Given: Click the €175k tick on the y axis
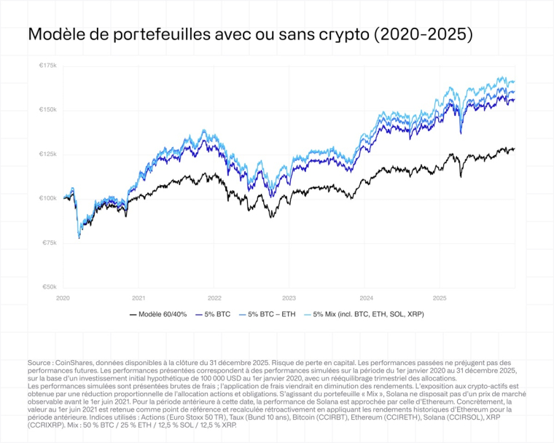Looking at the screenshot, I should pos(47,66).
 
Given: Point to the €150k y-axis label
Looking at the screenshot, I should pos(47,110).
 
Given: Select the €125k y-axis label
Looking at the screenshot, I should pos(47,154).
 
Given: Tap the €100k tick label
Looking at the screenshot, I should pos(47,198).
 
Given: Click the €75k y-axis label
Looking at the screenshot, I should pos(49,243).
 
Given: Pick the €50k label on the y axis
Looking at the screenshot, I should pos(49,287).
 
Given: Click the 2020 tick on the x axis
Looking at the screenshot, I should pos(63,298).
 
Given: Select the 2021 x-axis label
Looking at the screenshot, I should pos(138,298).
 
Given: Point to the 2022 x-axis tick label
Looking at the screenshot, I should pos(214,298).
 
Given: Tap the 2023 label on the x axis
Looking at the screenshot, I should pos(289,298).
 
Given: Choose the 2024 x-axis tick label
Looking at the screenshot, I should pos(365,298).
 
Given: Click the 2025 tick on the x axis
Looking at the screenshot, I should pos(440,298).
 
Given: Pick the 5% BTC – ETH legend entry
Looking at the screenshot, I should pos(273,315).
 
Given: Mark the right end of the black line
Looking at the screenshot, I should pos(514,149).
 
